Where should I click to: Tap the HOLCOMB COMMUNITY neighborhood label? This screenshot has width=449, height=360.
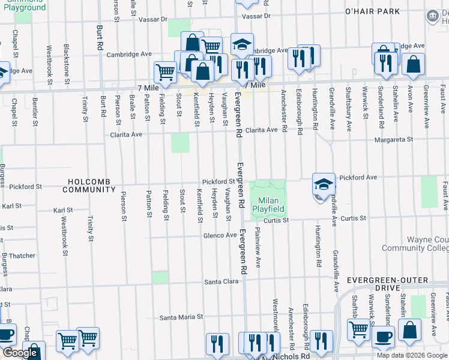coord(91,185)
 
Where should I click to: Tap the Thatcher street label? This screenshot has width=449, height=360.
coord(22,256)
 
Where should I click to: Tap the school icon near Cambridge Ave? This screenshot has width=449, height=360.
coord(242,44)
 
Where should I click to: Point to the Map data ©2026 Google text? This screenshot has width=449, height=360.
coord(412,355)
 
